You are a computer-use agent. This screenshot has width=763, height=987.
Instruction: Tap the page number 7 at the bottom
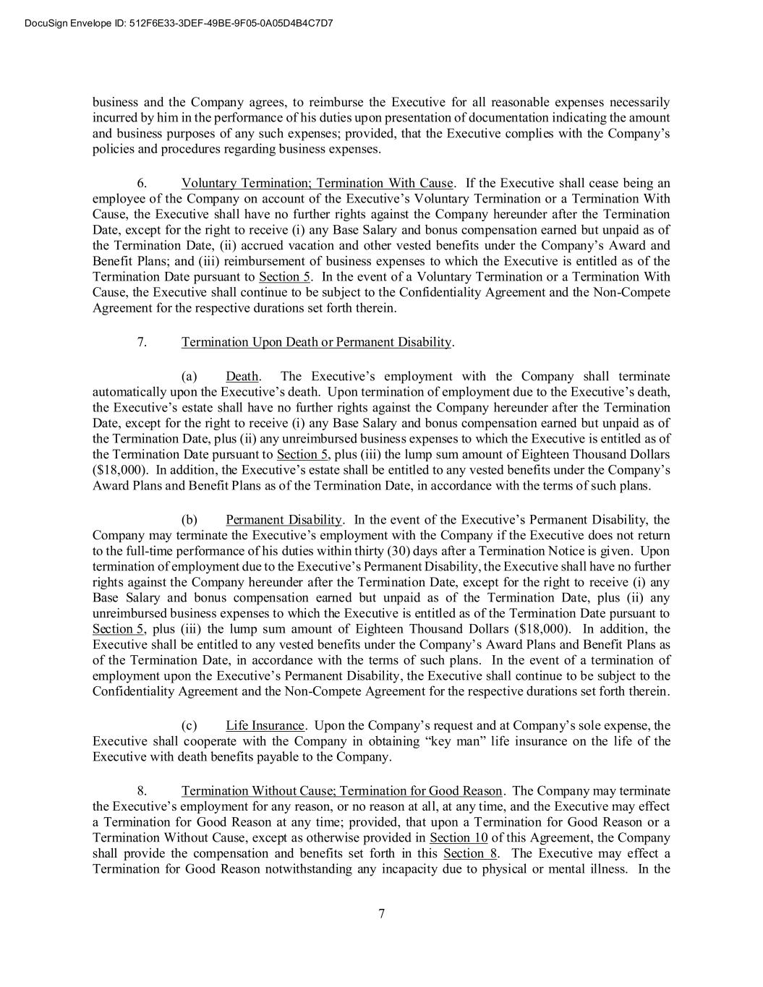click(x=381, y=913)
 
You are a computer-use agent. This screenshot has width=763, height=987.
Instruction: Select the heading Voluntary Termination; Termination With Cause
click(x=317, y=183)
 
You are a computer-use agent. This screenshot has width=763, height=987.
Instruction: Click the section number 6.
click(x=142, y=183)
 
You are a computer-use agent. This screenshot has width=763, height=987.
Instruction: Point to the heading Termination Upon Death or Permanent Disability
click(x=317, y=342)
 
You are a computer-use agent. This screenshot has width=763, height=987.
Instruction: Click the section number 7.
click(x=142, y=342)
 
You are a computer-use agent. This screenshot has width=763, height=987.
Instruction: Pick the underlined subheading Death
click(x=242, y=376)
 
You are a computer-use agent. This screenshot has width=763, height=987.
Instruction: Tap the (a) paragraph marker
click(x=189, y=376)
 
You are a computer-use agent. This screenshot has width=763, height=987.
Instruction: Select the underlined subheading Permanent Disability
click(x=284, y=519)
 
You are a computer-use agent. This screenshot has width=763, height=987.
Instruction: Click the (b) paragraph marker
click(x=189, y=519)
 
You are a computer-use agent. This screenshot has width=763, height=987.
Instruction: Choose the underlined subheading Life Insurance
click(x=265, y=725)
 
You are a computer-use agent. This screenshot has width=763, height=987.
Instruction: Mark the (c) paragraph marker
click(x=189, y=725)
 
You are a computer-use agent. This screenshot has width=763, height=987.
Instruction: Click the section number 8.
click(x=142, y=790)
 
